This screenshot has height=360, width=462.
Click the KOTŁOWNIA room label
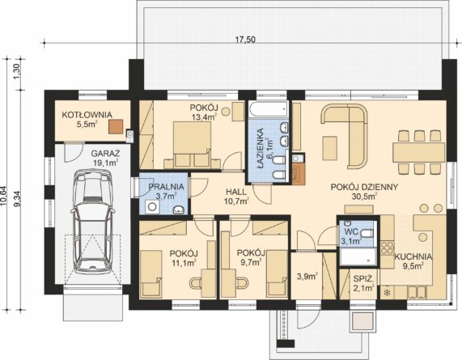pyautogui.click(x=87, y=115)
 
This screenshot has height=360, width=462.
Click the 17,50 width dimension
pyautogui.click(x=245, y=40)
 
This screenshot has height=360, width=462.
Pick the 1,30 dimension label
pyautogui.click(x=17, y=71)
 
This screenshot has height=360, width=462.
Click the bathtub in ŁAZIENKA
pyautogui.click(x=268, y=109)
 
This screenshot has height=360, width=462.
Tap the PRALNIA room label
pyautogui.click(x=166, y=187)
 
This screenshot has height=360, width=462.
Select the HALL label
pyautogui.click(x=236, y=192)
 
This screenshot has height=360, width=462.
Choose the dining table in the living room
pyautogui.click(x=418, y=152)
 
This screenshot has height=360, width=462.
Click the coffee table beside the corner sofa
pyautogui.click(x=330, y=148)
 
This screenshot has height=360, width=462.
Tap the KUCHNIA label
pyautogui.click(x=413, y=256)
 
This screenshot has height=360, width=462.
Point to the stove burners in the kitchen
pyautogui.click(x=388, y=248)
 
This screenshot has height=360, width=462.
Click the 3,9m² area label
pyautogui.click(x=307, y=277)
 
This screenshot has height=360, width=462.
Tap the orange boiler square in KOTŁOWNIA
pyautogui.click(x=116, y=126)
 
